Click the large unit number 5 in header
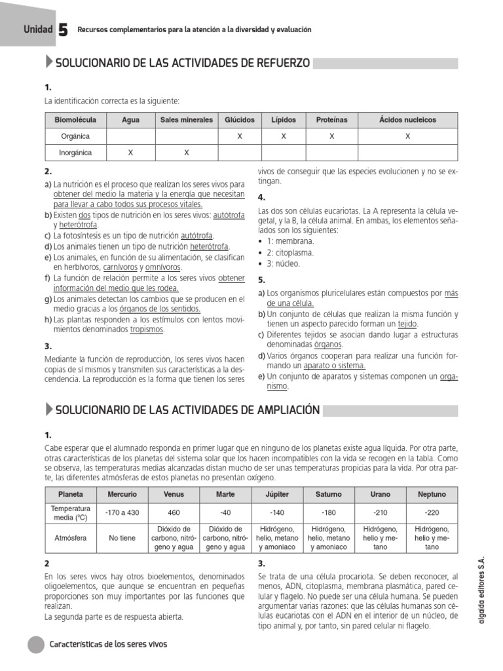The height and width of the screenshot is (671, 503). click(x=64, y=30)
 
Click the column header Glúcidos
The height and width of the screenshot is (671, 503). click(x=240, y=120)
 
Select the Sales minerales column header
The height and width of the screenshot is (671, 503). click(x=187, y=120)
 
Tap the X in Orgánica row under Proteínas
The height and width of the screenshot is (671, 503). click(x=332, y=136)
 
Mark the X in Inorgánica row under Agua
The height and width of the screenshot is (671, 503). click(x=130, y=153)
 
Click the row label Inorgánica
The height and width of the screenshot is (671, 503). click(x=75, y=153)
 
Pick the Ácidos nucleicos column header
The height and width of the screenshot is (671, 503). click(x=407, y=120)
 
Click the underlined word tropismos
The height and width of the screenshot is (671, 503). click(x=147, y=330)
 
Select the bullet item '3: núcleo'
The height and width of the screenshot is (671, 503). click(x=283, y=263)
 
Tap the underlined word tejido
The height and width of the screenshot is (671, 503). click(x=407, y=324)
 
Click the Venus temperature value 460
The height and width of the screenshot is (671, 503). click(x=174, y=512)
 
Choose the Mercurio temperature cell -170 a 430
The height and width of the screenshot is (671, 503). click(x=122, y=512)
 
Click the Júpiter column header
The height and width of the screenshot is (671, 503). click(x=277, y=494)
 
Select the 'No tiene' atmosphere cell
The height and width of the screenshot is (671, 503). click(x=122, y=538)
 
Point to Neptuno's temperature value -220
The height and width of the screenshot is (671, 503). click(x=432, y=512)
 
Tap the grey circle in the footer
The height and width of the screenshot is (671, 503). click(x=36, y=644)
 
